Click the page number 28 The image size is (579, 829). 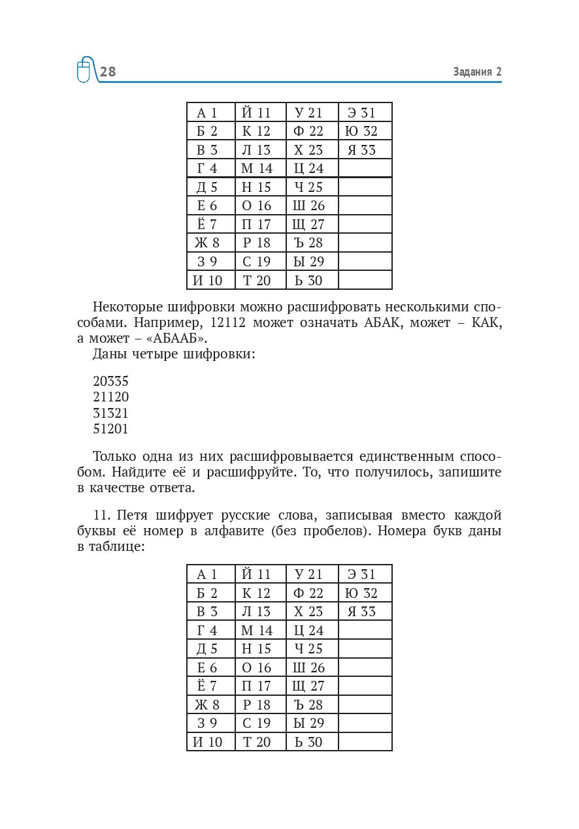pyautogui.click(x=108, y=72)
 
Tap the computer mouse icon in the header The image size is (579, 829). pyautogui.click(x=84, y=70)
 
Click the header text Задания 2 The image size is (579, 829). pyautogui.click(x=477, y=72)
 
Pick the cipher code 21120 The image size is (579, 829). pyautogui.click(x=111, y=398)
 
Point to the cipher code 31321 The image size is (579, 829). pyautogui.click(x=111, y=413)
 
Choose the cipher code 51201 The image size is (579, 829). pyautogui.click(x=111, y=429)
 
